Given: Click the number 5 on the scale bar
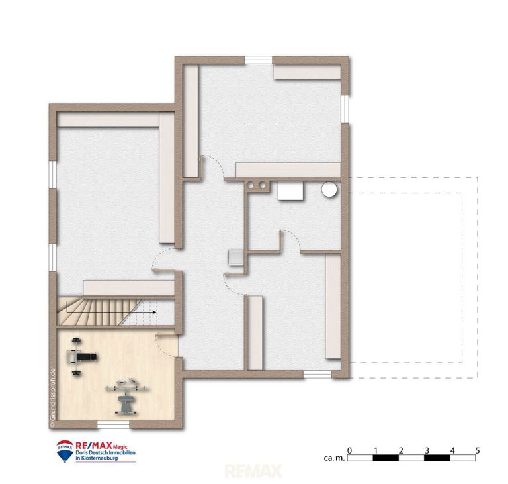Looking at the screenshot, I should tap(478, 450).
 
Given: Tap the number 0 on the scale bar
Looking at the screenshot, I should tap(349, 450).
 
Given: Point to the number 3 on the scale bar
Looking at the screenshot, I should tap(427, 450).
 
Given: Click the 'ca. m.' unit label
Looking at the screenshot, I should tap(332, 458).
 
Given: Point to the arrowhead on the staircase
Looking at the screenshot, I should tap(153, 310).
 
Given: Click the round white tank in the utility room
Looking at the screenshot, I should tap(329, 191).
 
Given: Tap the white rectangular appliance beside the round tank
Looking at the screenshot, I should tap(290, 191).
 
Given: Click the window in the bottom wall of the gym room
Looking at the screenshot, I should tap(113, 424).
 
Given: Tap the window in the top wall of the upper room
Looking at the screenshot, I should tap(259, 60).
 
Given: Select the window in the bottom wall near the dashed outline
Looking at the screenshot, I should tap(317, 374).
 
